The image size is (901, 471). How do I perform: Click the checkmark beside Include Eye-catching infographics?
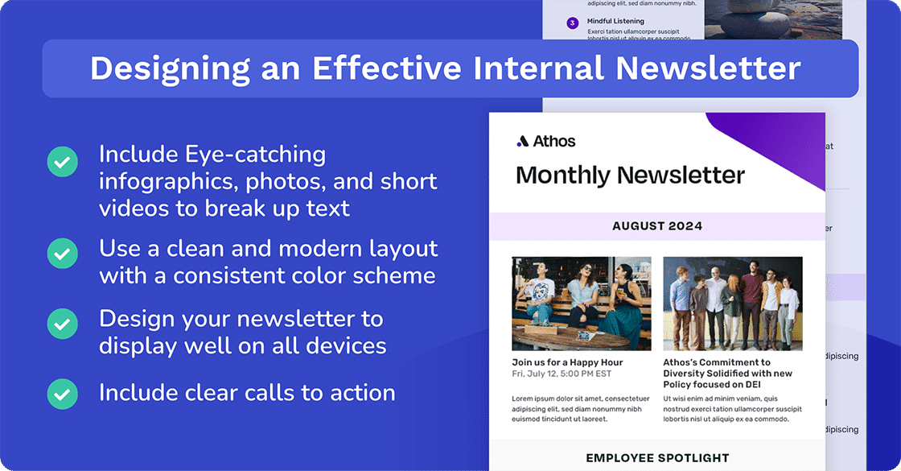(x=62, y=162)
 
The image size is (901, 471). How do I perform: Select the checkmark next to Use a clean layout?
(x=62, y=254)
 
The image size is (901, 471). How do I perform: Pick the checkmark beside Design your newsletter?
(x=62, y=324)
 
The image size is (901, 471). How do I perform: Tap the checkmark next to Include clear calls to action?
(x=62, y=394)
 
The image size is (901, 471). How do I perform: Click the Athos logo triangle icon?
(x=522, y=142)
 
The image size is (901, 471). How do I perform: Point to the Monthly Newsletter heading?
(x=630, y=175)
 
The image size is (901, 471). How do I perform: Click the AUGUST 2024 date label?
(x=656, y=226)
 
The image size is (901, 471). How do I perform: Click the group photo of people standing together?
(x=732, y=304)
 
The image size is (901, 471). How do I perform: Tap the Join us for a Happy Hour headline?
(x=567, y=362)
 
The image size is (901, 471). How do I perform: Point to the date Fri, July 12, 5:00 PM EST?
(x=562, y=374)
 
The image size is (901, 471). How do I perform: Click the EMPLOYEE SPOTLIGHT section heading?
(x=656, y=458)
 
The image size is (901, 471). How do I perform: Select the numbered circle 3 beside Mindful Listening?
(x=572, y=23)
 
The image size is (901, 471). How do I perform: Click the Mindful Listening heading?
(x=615, y=22)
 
